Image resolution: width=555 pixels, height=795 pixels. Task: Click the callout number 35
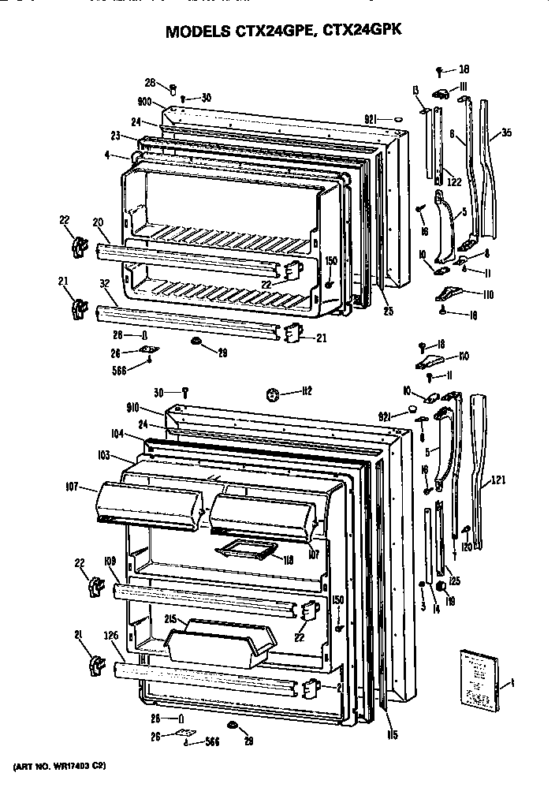pos(506,133)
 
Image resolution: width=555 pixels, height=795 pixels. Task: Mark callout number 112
pos(307,392)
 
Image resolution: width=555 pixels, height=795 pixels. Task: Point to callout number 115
pos(392,736)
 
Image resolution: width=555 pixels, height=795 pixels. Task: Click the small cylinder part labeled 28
pos(172,87)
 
